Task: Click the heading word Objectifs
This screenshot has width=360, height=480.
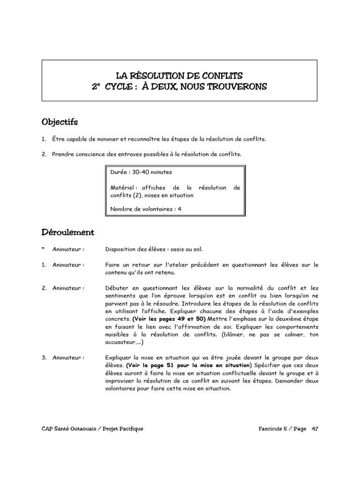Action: [x=60, y=122]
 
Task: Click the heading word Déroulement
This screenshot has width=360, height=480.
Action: [x=67, y=232]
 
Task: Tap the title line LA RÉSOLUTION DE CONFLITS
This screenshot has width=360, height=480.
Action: [x=180, y=75]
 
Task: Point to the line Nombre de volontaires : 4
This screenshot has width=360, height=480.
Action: [x=146, y=209]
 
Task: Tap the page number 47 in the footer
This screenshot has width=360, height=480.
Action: [x=314, y=429]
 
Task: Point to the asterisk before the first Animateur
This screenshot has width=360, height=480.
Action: [x=43, y=250]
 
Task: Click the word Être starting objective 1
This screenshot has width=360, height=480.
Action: [x=59, y=139]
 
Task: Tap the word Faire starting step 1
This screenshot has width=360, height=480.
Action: [x=113, y=265]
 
